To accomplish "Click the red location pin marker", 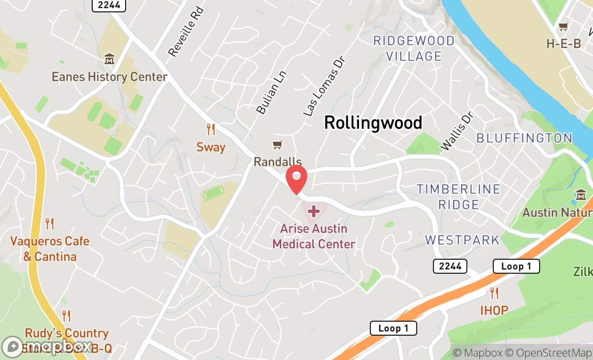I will (x=296, y=179).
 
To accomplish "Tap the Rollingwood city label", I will (x=373, y=123).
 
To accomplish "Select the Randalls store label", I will (x=278, y=162).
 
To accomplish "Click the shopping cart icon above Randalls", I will (x=278, y=145).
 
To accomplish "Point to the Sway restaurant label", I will (x=211, y=147).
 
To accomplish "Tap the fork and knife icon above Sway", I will (x=211, y=129).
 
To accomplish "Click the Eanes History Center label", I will (x=109, y=77).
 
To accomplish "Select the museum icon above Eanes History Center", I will (x=109, y=59).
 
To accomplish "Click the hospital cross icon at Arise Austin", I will (x=313, y=211).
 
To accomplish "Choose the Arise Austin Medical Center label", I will (x=314, y=236).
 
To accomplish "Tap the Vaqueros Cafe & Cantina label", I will (x=50, y=248).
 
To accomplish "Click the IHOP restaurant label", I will (x=494, y=310).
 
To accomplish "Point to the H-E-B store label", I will (x=563, y=44).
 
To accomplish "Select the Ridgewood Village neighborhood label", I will (x=414, y=48).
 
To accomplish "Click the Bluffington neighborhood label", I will (x=524, y=138).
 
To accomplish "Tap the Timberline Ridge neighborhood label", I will (x=459, y=197).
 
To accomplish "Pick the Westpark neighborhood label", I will (x=463, y=240).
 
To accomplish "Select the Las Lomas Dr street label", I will (x=323, y=93).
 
